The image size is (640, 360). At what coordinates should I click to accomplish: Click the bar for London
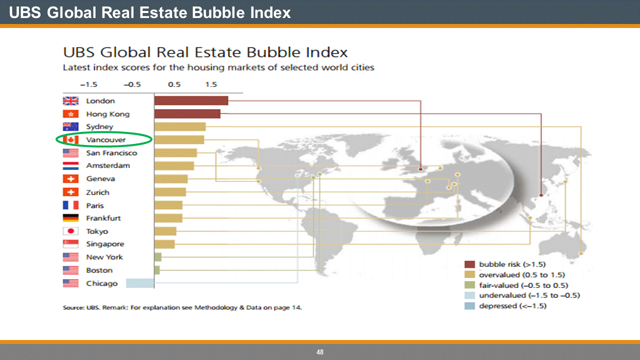(191, 100)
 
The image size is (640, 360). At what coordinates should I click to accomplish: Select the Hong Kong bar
(187, 114)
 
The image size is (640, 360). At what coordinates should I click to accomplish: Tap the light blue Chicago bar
(139, 283)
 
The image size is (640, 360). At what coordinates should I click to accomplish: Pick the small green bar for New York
(158, 257)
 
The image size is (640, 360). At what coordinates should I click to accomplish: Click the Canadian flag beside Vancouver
(70, 139)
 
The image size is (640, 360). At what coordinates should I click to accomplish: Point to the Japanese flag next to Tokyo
(70, 231)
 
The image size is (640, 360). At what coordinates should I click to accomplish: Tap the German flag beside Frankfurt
(70, 218)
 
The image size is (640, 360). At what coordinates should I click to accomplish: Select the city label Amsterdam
(108, 165)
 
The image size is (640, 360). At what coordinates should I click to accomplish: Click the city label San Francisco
(111, 153)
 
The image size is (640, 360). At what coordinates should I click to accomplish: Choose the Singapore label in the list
(105, 244)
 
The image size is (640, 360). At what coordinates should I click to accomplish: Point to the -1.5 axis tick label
(88, 84)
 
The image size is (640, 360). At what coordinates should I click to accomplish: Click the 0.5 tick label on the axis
(174, 84)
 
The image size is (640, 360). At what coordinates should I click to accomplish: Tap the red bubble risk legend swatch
(469, 264)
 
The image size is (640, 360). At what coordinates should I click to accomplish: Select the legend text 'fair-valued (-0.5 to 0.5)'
(523, 285)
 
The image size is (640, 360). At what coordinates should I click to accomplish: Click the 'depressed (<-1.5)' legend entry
(512, 306)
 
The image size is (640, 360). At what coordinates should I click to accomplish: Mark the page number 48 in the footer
(320, 352)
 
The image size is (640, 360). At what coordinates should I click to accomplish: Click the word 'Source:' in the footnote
(73, 307)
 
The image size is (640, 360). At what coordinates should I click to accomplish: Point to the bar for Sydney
(180, 126)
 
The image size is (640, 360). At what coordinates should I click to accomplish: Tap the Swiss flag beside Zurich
(70, 192)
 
